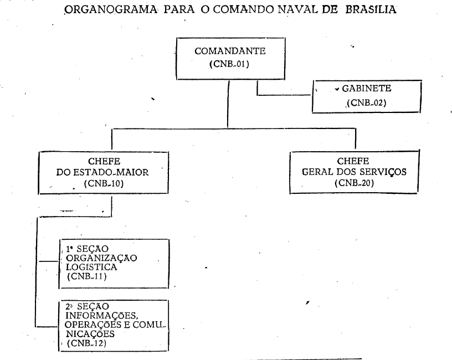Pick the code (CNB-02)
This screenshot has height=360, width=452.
(x=366, y=102)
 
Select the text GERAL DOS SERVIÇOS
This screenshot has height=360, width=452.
(x=354, y=172)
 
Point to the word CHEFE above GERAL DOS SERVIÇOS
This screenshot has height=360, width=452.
(x=355, y=161)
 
